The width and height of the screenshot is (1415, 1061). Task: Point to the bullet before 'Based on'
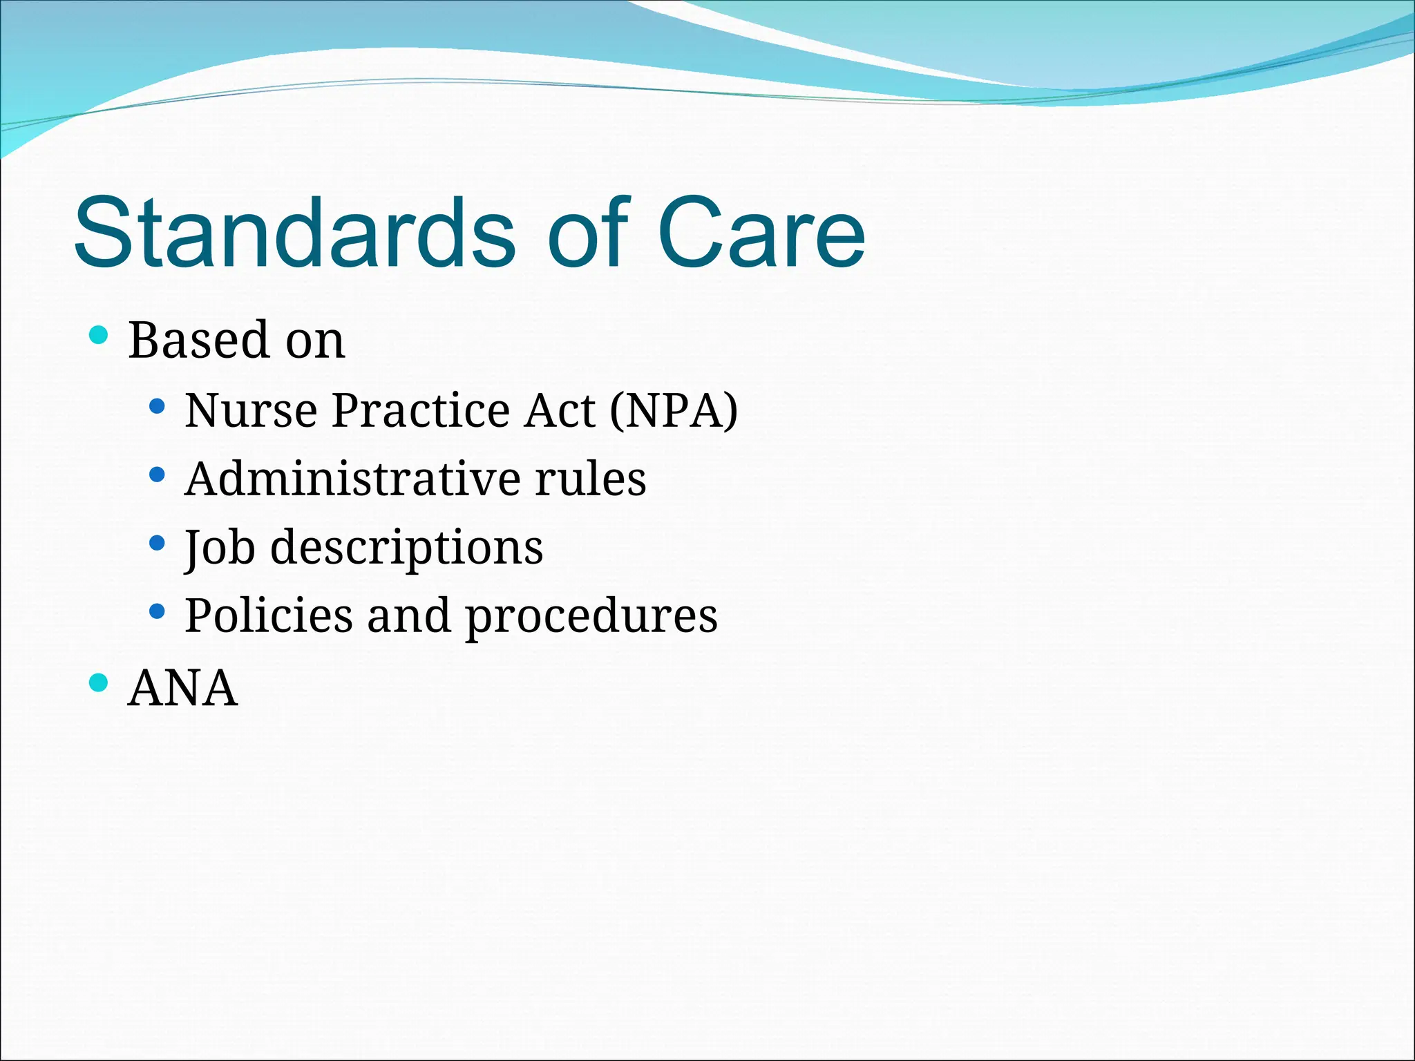(x=99, y=336)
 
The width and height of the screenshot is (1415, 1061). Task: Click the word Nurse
(x=250, y=410)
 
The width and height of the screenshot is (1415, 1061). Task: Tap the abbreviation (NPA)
(x=674, y=410)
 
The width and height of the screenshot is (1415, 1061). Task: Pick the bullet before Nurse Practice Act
(x=157, y=406)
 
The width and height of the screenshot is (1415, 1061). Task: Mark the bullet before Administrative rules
(x=157, y=475)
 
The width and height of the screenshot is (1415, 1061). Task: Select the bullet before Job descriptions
(x=157, y=543)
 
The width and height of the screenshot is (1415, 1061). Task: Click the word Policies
(x=268, y=615)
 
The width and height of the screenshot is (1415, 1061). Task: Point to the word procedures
(x=591, y=617)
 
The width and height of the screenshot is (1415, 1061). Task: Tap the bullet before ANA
(x=99, y=683)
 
